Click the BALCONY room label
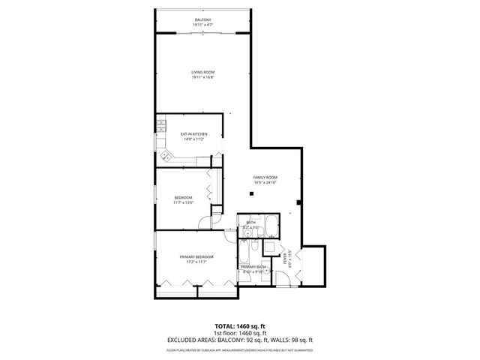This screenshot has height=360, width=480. pyautogui.click(x=202, y=19)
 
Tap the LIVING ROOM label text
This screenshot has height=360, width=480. pyautogui.click(x=202, y=72)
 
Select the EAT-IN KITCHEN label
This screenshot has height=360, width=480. pyautogui.click(x=193, y=134)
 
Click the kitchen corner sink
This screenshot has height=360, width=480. pyautogui.click(x=165, y=156)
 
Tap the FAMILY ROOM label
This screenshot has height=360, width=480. pyautogui.click(x=265, y=177)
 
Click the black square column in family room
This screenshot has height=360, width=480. pyautogui.click(x=252, y=194)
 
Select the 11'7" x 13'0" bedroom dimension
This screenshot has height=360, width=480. pyautogui.click(x=184, y=202)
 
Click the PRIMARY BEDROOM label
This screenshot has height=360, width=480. pyautogui.click(x=193, y=257)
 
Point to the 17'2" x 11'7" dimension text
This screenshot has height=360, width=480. pyautogui.click(x=193, y=262)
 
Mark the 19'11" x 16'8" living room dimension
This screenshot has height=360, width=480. pyautogui.click(x=202, y=77)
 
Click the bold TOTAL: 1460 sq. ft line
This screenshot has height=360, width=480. pyautogui.click(x=239, y=326)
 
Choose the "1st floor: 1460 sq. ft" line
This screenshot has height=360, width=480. pyautogui.click(x=239, y=333)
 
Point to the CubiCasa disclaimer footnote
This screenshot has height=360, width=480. pyautogui.click(x=239, y=349)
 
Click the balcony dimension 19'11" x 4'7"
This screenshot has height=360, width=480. pyautogui.click(x=202, y=25)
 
